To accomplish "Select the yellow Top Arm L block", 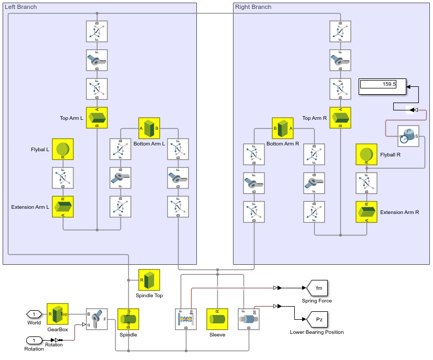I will pos(97,118).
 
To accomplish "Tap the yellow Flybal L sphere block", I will pos(63,149).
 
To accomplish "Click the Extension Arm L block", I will pos(63,207).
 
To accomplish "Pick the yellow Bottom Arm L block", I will pos(149,128).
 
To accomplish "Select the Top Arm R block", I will pos(341,118).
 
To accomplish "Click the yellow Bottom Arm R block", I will pos(283,128).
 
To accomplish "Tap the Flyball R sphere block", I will pos(367,154).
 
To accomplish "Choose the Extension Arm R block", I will pos(367,212).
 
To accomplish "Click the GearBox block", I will pos(58,314).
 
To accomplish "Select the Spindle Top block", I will pos(149,280).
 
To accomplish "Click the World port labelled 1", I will pos(34,314).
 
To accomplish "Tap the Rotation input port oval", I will pos(34,341).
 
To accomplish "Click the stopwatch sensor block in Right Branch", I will pos(408,136).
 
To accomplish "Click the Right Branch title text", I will pos(253,7).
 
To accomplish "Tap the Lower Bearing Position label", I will pos(317,332).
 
